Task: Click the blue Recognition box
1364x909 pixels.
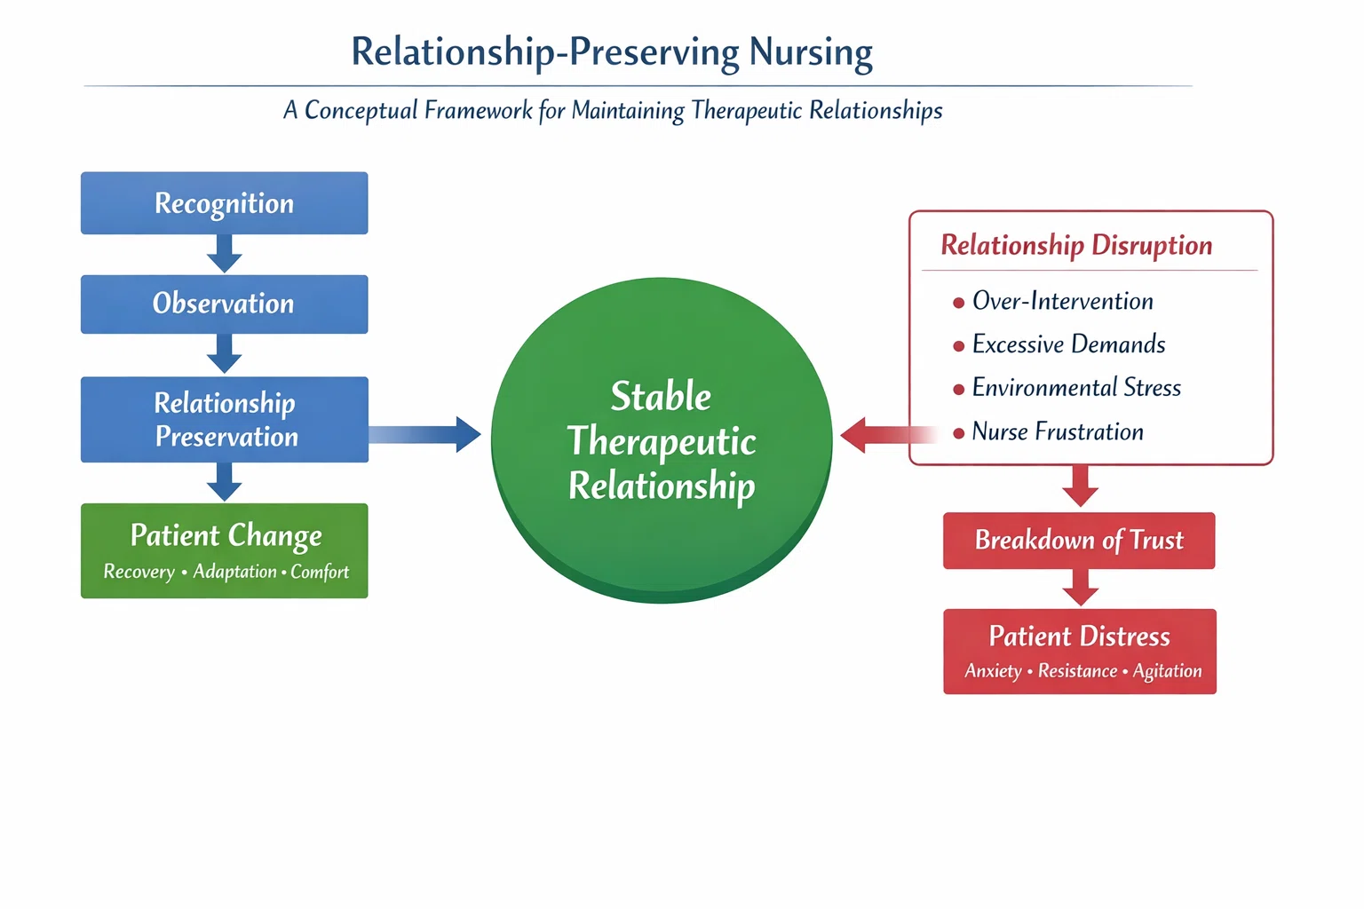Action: tap(224, 202)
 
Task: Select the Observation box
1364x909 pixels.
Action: tap(224, 304)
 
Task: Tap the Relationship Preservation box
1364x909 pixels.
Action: tap(224, 420)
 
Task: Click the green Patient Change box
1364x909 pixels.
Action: tap(224, 550)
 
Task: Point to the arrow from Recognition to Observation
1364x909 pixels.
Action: tap(224, 253)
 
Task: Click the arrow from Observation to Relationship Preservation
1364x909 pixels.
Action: tap(224, 353)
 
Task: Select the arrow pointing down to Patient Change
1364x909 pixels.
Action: tap(224, 482)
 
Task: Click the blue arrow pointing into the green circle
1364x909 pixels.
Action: tap(424, 435)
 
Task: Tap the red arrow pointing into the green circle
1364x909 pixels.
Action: tap(888, 435)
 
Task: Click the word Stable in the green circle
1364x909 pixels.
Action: tap(661, 397)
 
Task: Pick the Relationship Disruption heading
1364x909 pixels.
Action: tap(1076, 245)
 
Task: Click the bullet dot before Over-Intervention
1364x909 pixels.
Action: tap(958, 303)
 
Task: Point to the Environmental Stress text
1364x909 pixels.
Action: tap(1076, 388)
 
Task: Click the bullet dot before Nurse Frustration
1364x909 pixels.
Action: tap(958, 433)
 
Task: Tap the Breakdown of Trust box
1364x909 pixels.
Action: tap(1079, 541)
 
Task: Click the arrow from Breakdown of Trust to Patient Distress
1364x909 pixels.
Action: tap(1080, 588)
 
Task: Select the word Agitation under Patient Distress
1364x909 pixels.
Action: tap(1168, 671)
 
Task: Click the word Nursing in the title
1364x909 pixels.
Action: tap(811, 52)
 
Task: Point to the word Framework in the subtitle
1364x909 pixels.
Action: tap(478, 110)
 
